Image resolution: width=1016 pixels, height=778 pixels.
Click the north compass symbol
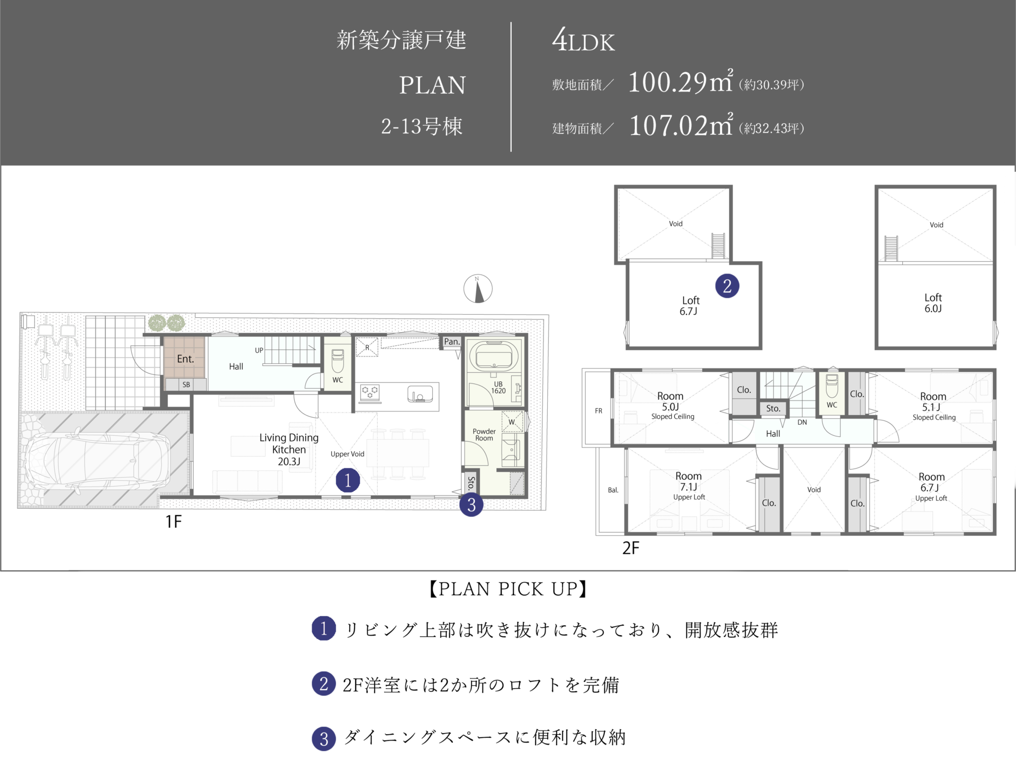(478, 289)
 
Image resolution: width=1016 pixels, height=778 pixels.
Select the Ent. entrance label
(185, 359)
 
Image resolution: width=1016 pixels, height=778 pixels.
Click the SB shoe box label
(186, 385)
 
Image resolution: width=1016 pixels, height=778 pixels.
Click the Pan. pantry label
(451, 342)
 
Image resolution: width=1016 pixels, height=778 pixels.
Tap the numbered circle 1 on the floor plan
(348, 480)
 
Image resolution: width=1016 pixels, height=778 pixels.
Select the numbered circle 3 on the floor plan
(471, 505)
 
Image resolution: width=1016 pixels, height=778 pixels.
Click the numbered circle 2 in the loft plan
(727, 286)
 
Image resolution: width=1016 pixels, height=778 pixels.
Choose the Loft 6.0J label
(933, 303)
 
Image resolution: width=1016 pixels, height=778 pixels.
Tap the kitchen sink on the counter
(420, 394)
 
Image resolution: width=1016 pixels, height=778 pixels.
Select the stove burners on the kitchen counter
(370, 392)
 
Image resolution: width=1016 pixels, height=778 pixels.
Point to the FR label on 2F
(598, 410)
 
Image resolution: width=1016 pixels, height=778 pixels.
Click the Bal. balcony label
(613, 490)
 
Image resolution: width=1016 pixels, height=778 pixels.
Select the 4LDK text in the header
(583, 41)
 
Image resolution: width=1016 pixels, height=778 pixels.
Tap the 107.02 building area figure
(668, 126)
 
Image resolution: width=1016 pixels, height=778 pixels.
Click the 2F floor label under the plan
(631, 548)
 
